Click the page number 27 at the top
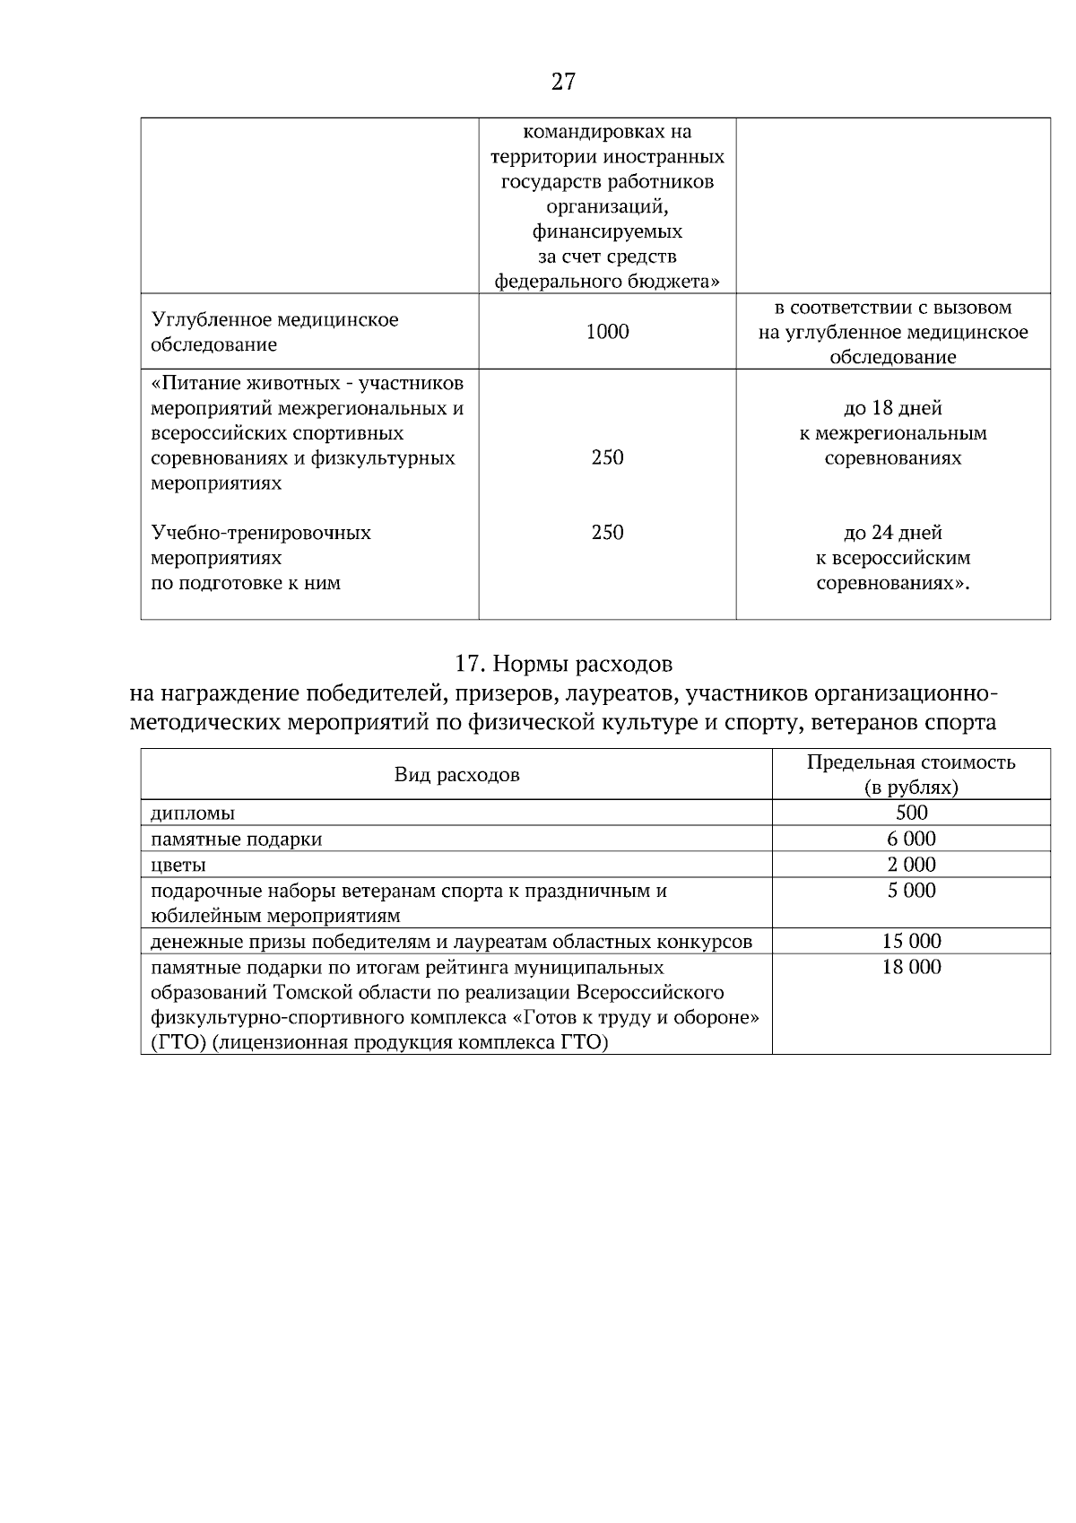tap(563, 83)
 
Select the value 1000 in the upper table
tap(607, 332)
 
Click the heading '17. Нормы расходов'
tap(563, 665)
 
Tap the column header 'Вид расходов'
tap(456, 775)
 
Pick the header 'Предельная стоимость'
tap(910, 762)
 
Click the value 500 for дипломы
tap(911, 814)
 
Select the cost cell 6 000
tap(911, 840)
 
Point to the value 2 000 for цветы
tap(911, 865)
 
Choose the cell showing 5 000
tap(911, 891)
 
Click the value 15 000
tap(911, 942)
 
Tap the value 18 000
tap(911, 967)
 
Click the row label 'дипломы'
tap(193, 814)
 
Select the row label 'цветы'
tap(178, 866)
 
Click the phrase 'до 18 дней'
tap(892, 409)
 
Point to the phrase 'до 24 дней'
tap(892, 534)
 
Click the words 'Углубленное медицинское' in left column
tap(274, 320)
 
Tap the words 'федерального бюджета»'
tap(607, 282)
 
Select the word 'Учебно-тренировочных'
tap(261, 534)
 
